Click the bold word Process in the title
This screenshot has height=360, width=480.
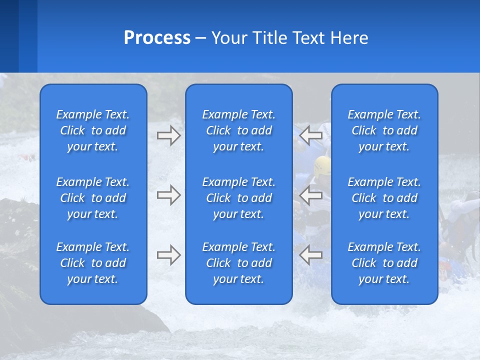tap(157, 38)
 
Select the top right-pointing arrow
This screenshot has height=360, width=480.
tap(168, 135)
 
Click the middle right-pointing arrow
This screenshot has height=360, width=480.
tap(168, 195)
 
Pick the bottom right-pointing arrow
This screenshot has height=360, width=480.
tap(168, 255)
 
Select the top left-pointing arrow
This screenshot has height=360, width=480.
tap(311, 135)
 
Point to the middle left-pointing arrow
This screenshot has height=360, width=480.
tap(311, 195)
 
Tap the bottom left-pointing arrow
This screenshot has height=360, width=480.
tap(311, 255)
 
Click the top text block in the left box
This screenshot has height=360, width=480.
tap(93, 130)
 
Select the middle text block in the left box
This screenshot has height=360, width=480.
tap(93, 198)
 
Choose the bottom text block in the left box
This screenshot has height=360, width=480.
tap(93, 263)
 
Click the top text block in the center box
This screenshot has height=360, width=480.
tap(238, 130)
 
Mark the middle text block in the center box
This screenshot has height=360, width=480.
tap(238, 198)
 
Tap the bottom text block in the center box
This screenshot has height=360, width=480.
tap(238, 263)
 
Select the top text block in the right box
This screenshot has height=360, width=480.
tap(384, 130)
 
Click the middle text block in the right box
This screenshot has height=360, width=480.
tap(384, 198)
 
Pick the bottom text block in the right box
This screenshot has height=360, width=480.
tap(384, 263)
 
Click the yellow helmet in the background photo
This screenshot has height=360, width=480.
tap(323, 164)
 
